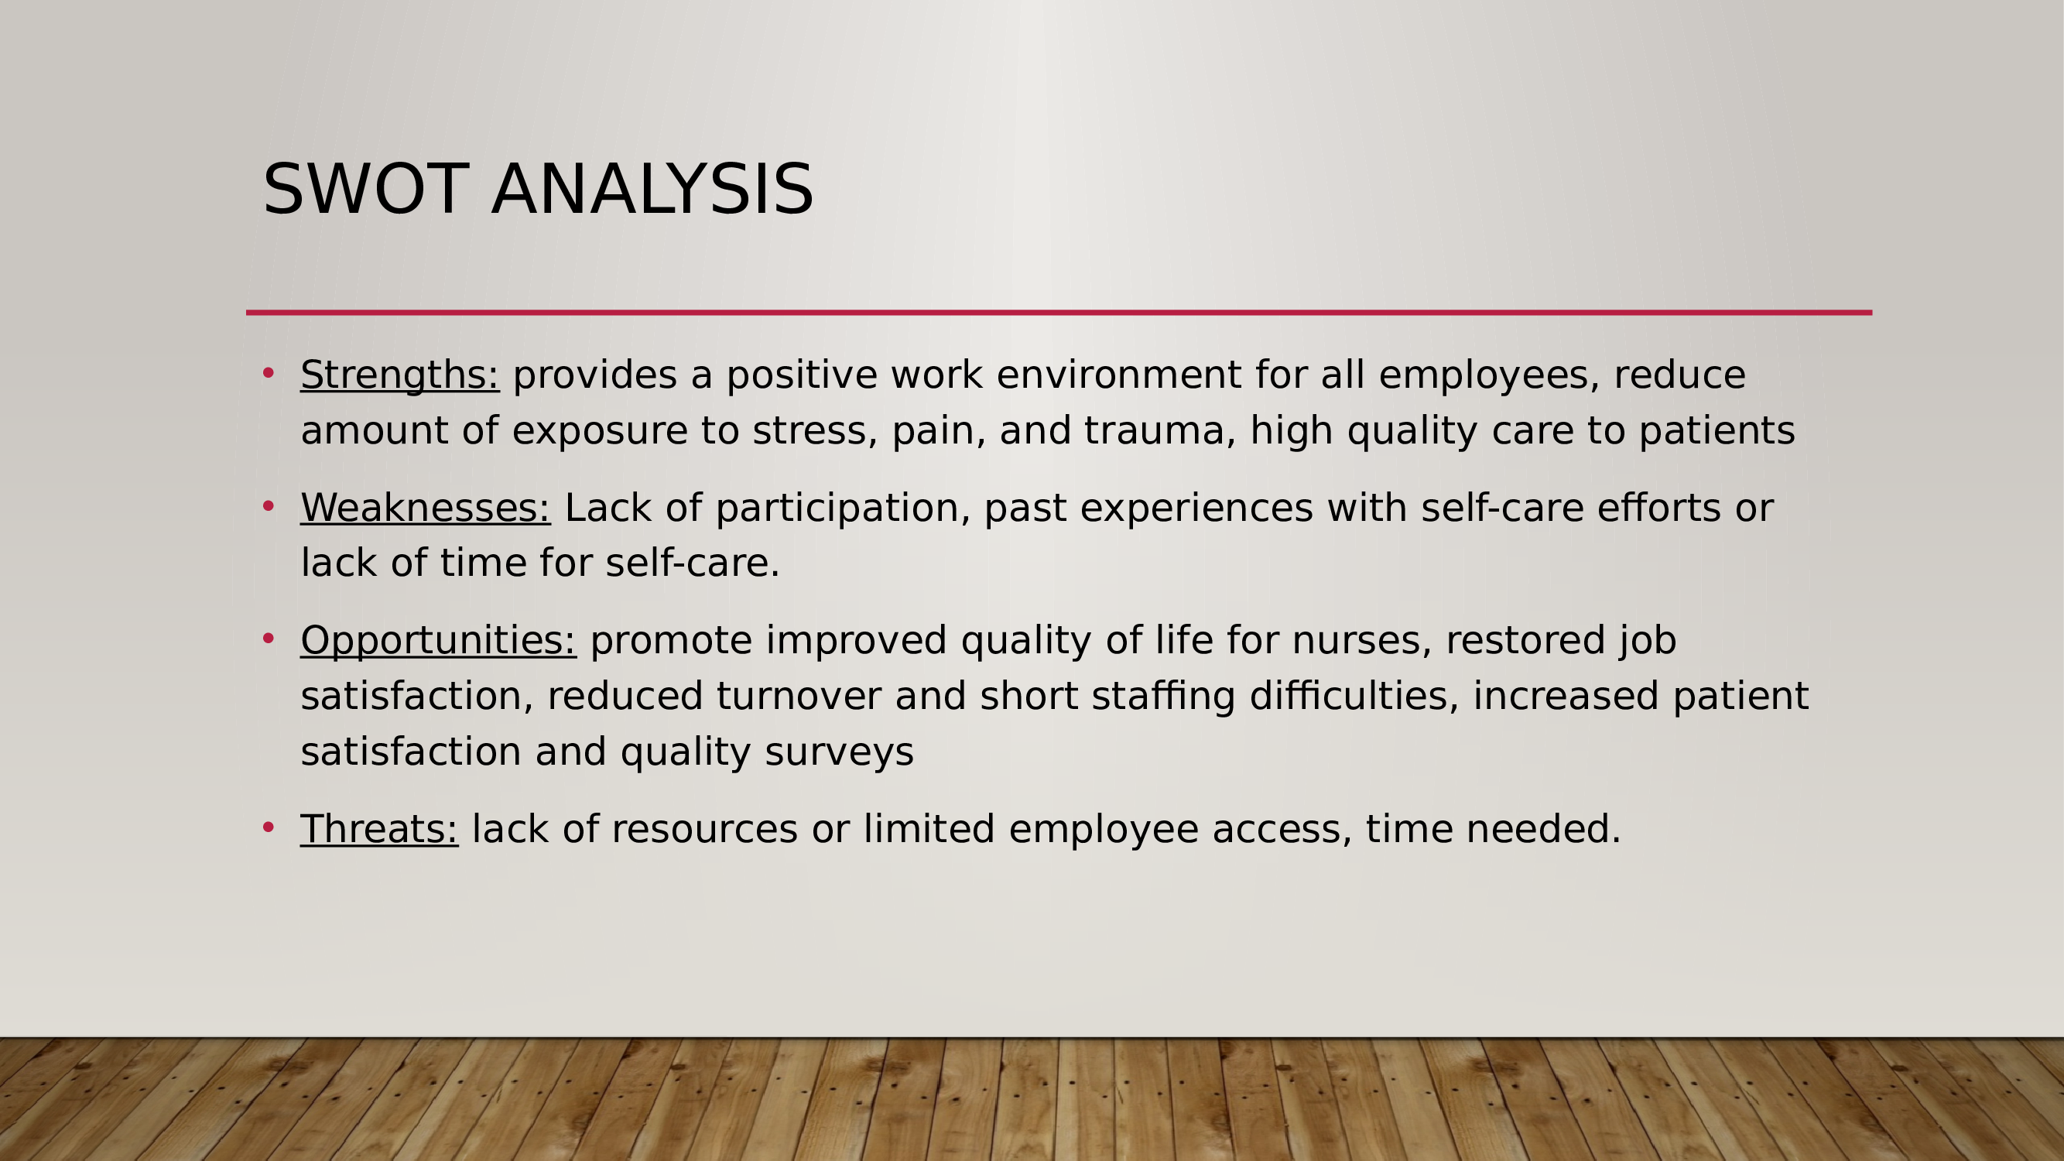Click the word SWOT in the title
click(x=365, y=189)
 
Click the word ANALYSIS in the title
click(x=652, y=189)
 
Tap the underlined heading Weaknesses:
click(x=426, y=508)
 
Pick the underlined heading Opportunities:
click(x=438, y=641)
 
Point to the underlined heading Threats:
click(x=379, y=829)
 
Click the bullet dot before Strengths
click(x=269, y=372)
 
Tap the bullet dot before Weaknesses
click(x=269, y=505)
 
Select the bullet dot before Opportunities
click(x=269, y=638)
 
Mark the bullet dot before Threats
click(x=269, y=827)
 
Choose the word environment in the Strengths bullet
click(x=1119, y=375)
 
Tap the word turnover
click(x=799, y=696)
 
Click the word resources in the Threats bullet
click(x=704, y=829)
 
